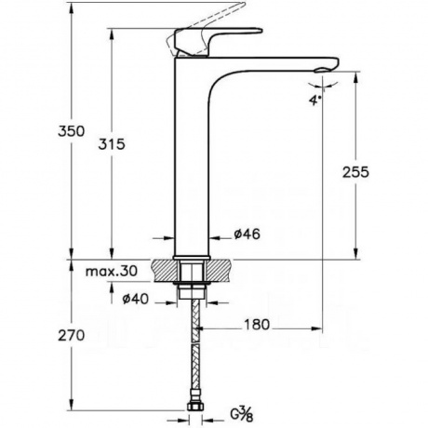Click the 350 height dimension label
coord(71,131)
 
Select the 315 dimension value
coord(112,144)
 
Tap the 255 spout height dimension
coord(355,172)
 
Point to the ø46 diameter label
coord(247,234)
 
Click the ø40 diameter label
coord(136,300)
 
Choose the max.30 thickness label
coord(112,272)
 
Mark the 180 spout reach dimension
coord(257,325)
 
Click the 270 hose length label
coord(72,335)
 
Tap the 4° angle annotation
coord(314,100)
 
